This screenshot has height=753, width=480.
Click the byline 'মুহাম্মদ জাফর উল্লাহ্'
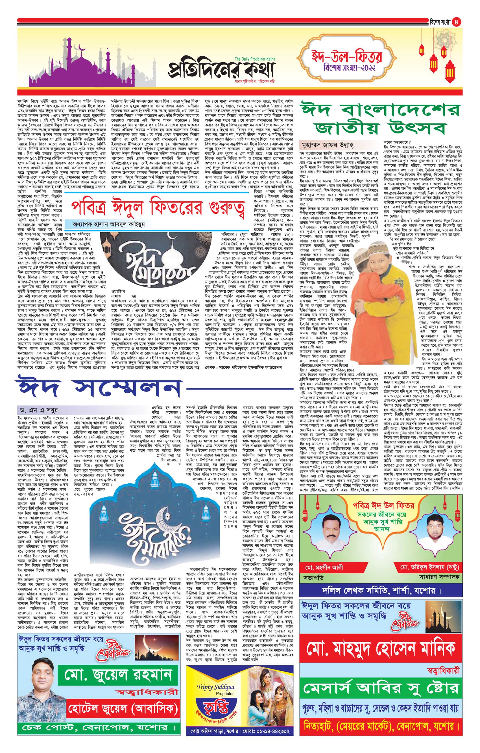pyautogui.click(x=328, y=145)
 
